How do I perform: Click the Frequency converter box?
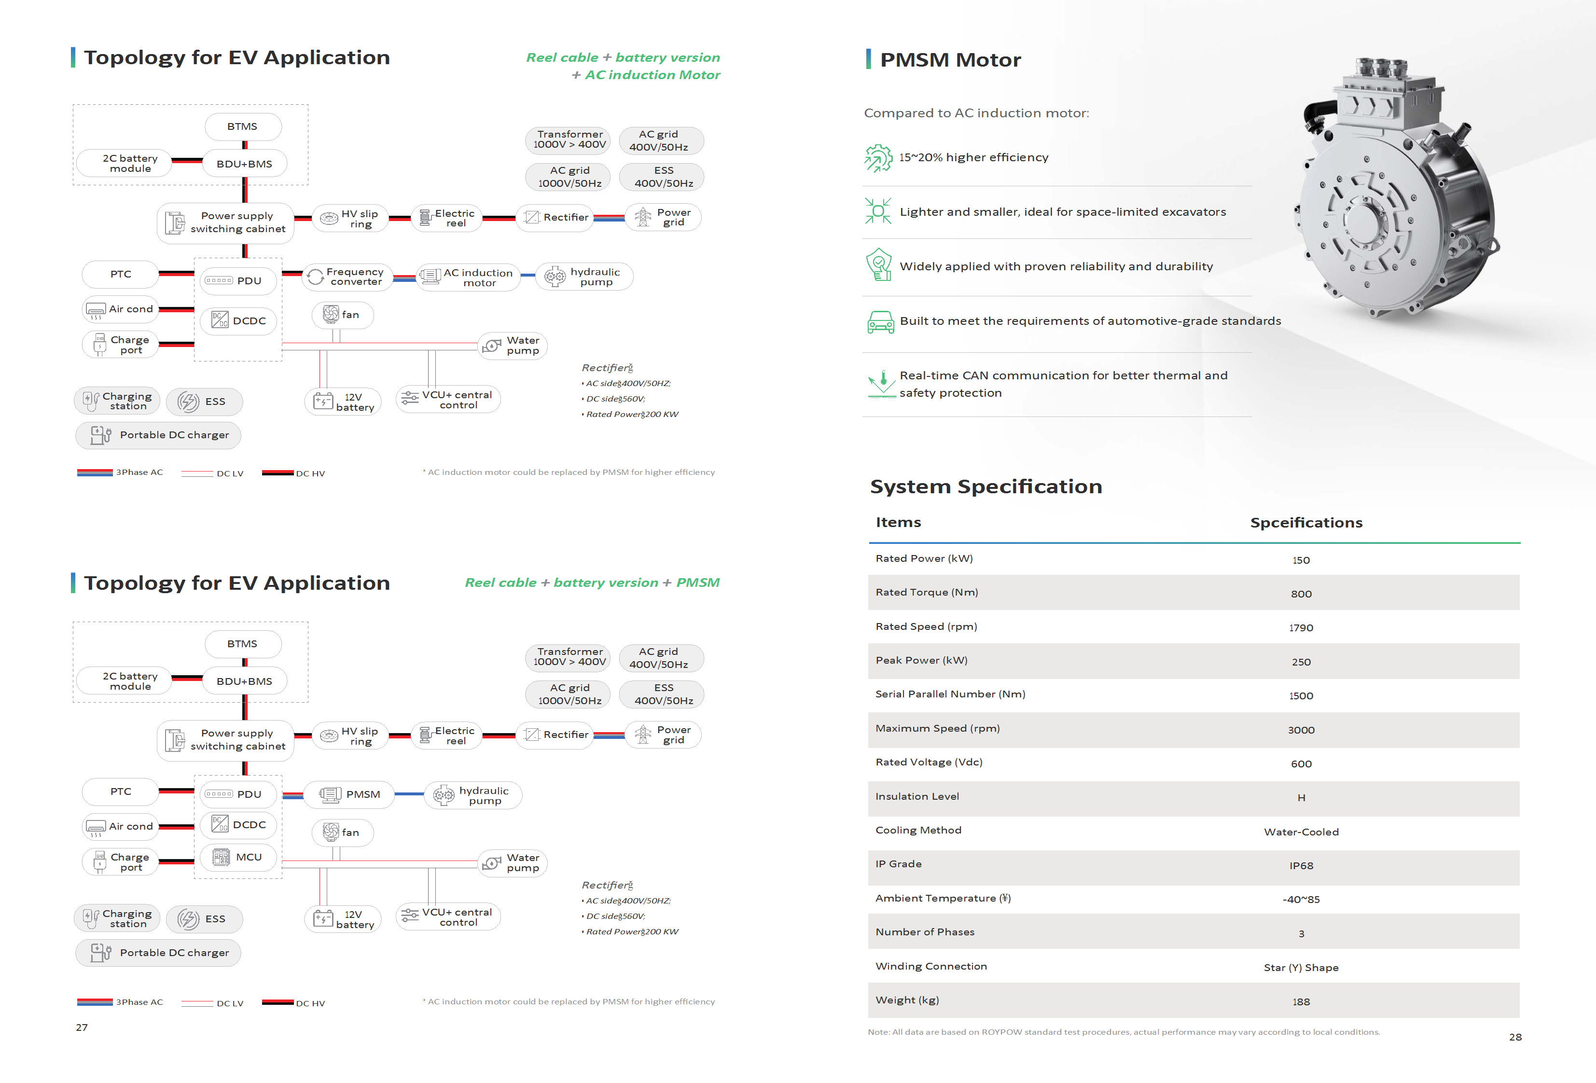tap(347, 277)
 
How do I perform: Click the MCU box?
tap(238, 857)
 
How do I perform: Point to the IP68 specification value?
tap(1301, 866)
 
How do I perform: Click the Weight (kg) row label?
tap(906, 1000)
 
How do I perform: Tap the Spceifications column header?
tap(1305, 523)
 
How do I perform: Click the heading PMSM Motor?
tap(950, 60)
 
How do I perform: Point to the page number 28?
tap(1515, 1037)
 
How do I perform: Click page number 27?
tap(82, 1027)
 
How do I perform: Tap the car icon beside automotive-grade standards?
tap(880, 321)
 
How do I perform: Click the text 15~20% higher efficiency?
tap(973, 157)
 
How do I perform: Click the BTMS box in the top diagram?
tap(242, 127)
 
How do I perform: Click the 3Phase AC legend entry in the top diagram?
tap(120, 472)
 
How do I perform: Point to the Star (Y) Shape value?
tap(1301, 968)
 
